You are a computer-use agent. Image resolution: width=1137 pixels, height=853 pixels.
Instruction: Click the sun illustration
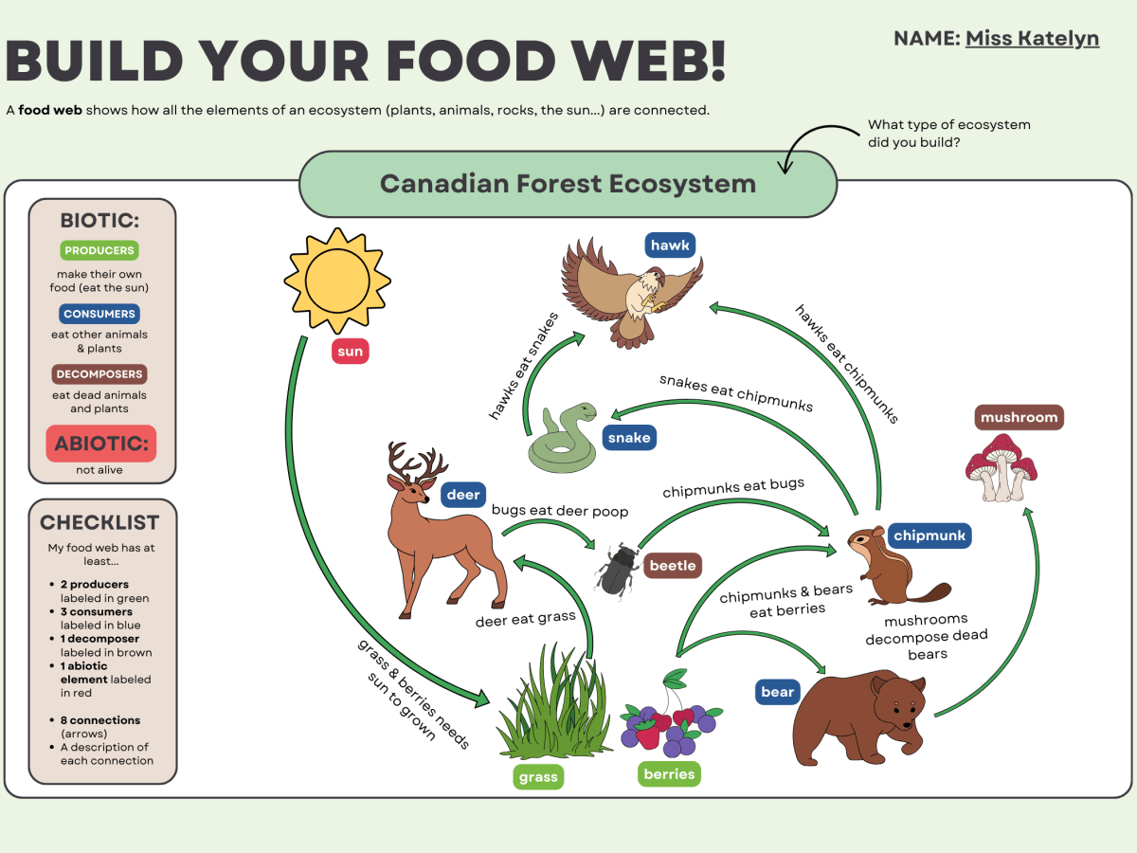[x=336, y=281]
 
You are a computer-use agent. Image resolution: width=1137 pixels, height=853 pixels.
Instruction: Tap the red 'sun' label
[x=350, y=352]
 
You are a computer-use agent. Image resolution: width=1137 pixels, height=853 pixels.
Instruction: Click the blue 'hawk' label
[x=670, y=245]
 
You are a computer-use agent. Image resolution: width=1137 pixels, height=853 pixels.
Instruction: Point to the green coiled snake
[x=563, y=438]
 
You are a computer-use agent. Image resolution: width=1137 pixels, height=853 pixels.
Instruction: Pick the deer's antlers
[x=417, y=462]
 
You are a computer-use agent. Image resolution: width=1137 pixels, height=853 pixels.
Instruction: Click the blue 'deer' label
[x=463, y=494]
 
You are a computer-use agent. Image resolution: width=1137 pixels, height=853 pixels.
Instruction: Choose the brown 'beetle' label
[x=673, y=566]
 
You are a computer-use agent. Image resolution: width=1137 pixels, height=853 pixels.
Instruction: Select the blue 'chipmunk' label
[x=929, y=535]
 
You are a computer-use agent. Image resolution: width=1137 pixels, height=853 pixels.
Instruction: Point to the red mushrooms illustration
[x=1001, y=466]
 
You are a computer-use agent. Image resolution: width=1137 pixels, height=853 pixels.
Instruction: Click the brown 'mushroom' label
[x=1019, y=417]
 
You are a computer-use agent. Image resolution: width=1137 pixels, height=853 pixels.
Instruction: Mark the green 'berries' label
[x=669, y=774]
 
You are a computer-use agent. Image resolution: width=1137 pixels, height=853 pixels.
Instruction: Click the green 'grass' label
[x=538, y=778]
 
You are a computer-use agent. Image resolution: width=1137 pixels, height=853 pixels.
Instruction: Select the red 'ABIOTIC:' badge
[x=100, y=444]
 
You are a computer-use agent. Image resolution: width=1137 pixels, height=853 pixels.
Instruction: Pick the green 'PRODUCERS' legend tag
[x=100, y=250]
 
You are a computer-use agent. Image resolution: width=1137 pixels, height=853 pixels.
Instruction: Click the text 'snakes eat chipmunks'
[x=735, y=391]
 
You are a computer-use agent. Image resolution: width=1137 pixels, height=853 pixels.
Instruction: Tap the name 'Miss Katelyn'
[x=1032, y=39]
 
